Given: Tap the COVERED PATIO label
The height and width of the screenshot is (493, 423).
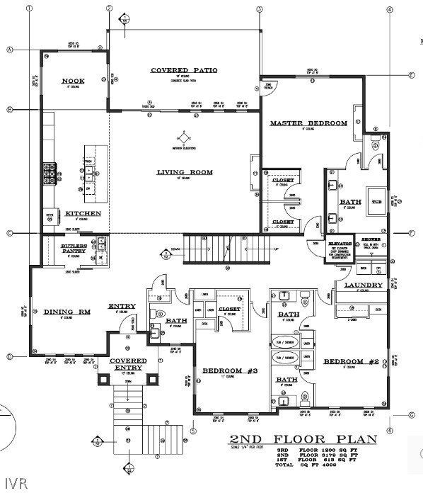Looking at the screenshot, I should coord(184,70).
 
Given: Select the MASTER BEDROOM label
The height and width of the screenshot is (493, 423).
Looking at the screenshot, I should coord(308,123).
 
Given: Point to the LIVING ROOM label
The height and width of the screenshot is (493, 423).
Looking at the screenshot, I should coord(185,171).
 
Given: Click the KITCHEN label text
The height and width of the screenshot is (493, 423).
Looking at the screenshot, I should coord(83,213).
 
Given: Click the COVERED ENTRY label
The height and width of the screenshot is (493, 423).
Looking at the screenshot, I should coord(128,364).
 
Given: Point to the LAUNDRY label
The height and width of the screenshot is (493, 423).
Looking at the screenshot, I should coord(364,285).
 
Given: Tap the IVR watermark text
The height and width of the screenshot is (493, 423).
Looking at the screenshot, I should coord(13,484).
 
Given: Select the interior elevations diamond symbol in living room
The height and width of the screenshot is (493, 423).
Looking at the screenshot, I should coord(184,137).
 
